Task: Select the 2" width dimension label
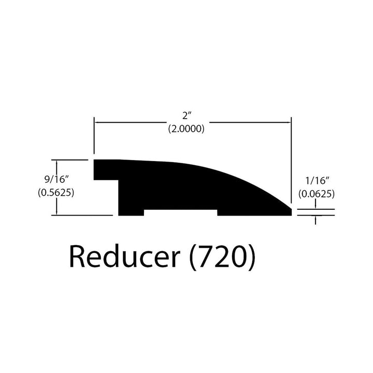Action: [x=185, y=116]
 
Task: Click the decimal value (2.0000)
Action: [x=185, y=130]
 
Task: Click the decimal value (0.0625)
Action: [x=315, y=195]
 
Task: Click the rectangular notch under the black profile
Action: [x=180, y=212]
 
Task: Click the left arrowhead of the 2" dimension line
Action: [x=96, y=122]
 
